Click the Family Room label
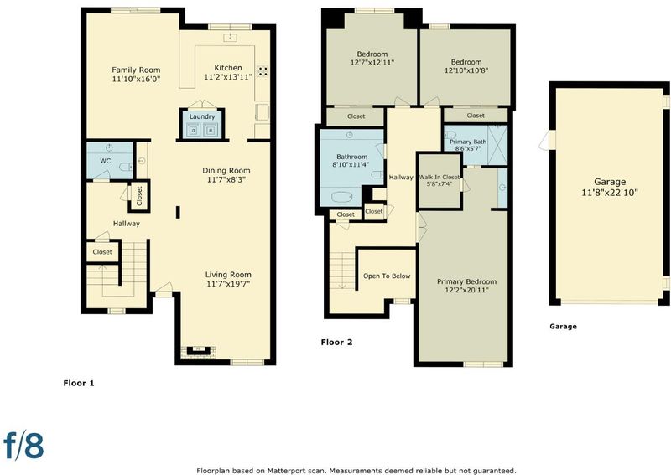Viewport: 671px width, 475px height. (x=136, y=70)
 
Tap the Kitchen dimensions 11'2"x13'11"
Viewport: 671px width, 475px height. (x=227, y=77)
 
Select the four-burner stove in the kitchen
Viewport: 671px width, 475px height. (x=263, y=71)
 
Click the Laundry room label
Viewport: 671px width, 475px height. (x=202, y=116)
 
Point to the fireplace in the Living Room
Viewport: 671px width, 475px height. (x=198, y=351)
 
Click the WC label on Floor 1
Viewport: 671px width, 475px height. (x=106, y=161)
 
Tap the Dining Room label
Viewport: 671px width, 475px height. (x=226, y=171)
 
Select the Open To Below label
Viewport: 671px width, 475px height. (x=387, y=276)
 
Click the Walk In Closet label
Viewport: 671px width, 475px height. (x=439, y=177)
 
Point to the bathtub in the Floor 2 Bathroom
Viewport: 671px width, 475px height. (x=341, y=197)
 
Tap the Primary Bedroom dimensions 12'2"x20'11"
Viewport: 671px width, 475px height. (x=466, y=291)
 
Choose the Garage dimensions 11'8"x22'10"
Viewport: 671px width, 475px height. (x=610, y=193)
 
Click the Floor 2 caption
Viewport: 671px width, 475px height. (x=337, y=342)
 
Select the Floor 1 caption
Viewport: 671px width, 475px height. (x=79, y=383)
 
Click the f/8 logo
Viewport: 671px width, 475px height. (x=24, y=445)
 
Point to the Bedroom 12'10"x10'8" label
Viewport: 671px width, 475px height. (x=466, y=66)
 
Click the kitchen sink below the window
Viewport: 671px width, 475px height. (x=230, y=37)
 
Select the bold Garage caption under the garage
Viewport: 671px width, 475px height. (x=563, y=327)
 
